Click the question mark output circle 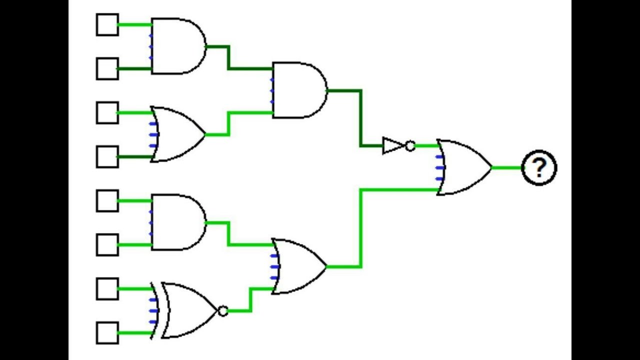click(x=539, y=167)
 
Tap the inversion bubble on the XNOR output click(x=223, y=311)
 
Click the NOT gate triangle click(x=393, y=145)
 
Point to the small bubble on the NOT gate click(x=410, y=145)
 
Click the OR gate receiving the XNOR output click(x=299, y=266)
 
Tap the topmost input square click(x=107, y=24)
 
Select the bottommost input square click(x=107, y=333)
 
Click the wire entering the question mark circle click(x=507, y=167)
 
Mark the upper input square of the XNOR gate click(x=107, y=289)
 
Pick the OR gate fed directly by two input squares click(x=177, y=134)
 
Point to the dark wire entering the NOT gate click(x=360, y=118)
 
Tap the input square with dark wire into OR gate click(x=107, y=157)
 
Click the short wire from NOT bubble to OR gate click(x=427, y=145)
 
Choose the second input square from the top click(x=107, y=68)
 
